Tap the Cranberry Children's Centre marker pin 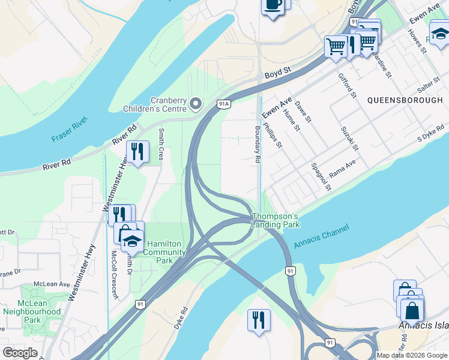tap(196, 105)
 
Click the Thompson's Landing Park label tap(275, 220)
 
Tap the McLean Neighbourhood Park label tap(32, 308)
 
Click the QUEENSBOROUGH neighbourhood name tap(405, 100)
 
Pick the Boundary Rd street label tap(258, 144)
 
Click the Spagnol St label tap(321, 175)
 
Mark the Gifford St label tap(348, 86)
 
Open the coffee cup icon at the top tap(273, 5)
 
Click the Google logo tap(20, 353)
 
